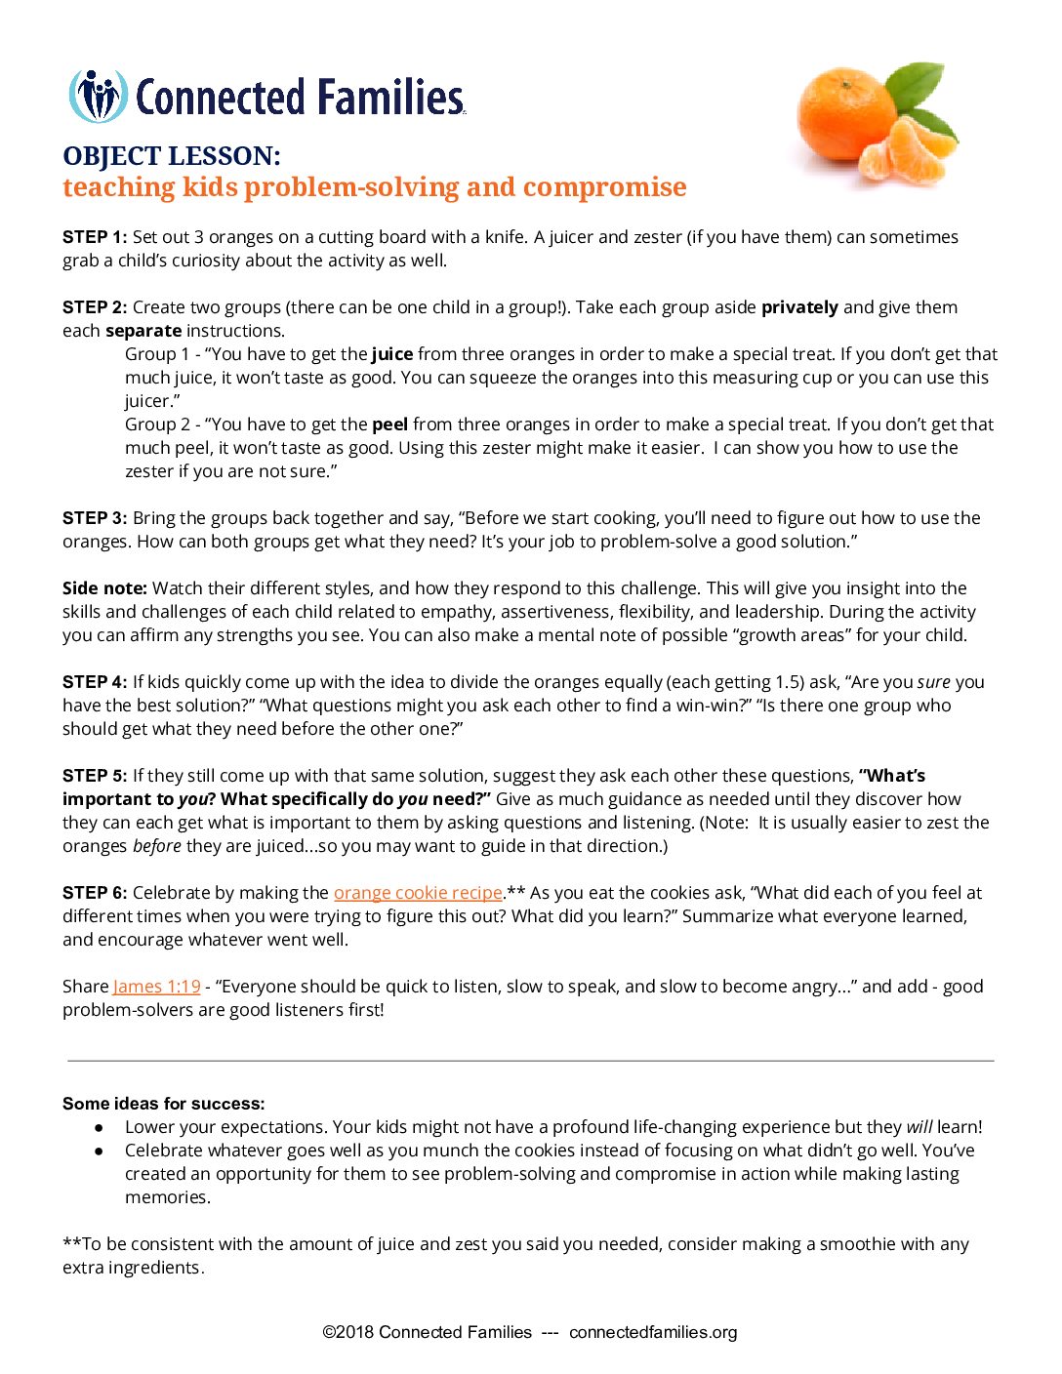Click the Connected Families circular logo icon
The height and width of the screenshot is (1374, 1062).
click(x=98, y=97)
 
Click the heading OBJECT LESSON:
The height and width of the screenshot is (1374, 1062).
click(x=172, y=156)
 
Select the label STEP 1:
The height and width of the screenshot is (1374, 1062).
click(x=95, y=237)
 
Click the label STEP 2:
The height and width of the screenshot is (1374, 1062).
click(x=95, y=307)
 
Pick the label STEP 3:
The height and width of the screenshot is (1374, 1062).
click(x=95, y=518)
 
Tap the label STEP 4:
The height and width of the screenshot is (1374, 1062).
click(x=95, y=682)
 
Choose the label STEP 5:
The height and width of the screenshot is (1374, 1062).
click(x=95, y=776)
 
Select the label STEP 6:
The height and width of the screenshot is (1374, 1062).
click(x=95, y=893)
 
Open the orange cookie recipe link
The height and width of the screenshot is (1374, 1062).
click(x=418, y=893)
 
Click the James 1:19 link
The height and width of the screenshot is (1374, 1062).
click(x=157, y=987)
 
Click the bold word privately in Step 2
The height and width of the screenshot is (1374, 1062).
click(x=799, y=307)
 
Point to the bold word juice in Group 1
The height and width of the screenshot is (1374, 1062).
click(x=392, y=354)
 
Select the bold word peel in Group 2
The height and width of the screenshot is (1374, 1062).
click(x=389, y=424)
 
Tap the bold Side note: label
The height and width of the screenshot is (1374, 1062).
click(x=104, y=588)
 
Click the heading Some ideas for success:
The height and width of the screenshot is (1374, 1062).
click(x=164, y=1104)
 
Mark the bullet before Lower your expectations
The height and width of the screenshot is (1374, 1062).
click(x=99, y=1127)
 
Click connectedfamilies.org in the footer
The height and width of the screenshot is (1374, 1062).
click(x=653, y=1332)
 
